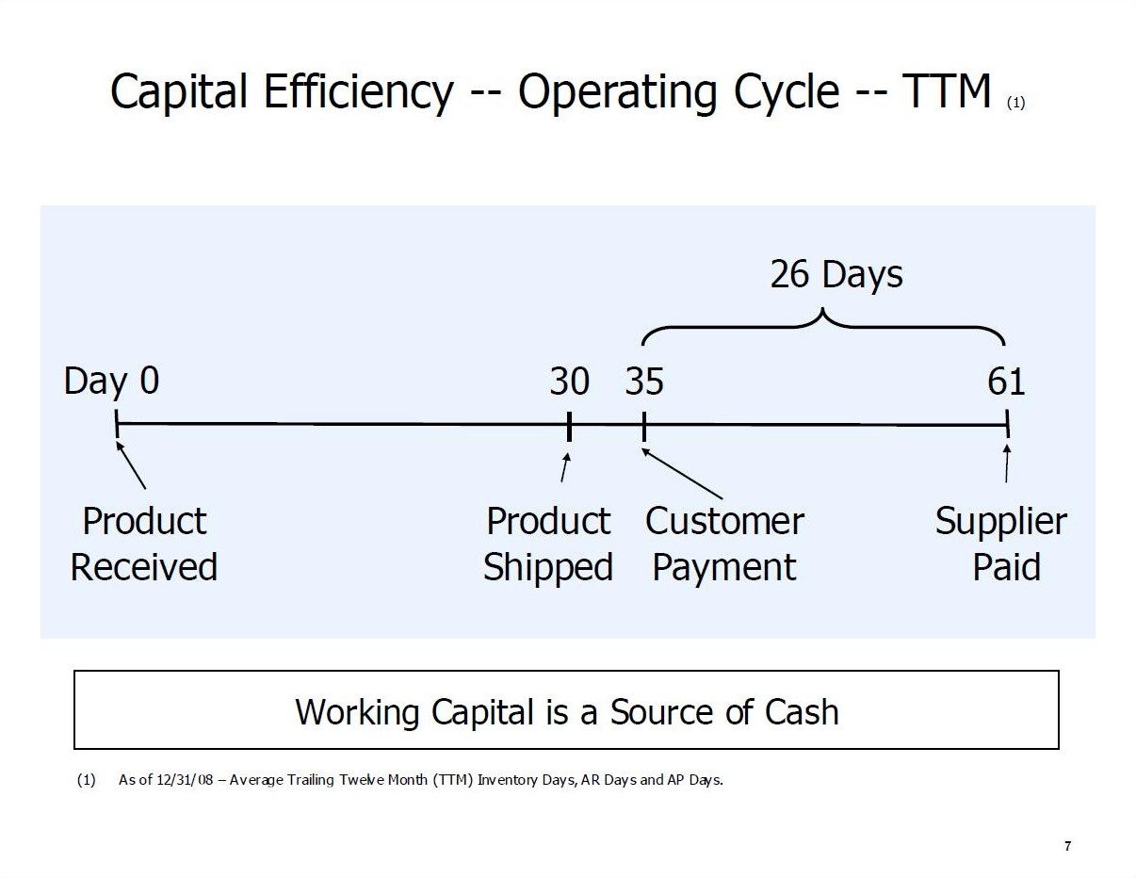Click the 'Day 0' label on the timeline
pos(111,382)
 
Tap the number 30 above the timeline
pos(569,381)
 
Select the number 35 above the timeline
pos(644,381)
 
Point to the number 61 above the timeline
pos(1006,381)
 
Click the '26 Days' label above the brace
pos(836,274)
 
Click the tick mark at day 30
pos(569,427)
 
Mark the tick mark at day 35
pos(644,427)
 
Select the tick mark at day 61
pos(1007,424)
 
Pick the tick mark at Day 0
pos(117,424)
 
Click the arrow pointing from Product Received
pos(131,465)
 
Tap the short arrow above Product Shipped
pos(565,466)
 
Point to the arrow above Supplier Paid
pos(1007,463)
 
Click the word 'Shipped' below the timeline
pos(548,568)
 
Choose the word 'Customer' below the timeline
pos(724,522)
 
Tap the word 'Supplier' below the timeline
pos(1000,523)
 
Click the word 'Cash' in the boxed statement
pos(802,712)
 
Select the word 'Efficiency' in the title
pos(358,92)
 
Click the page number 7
pos(1067,846)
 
